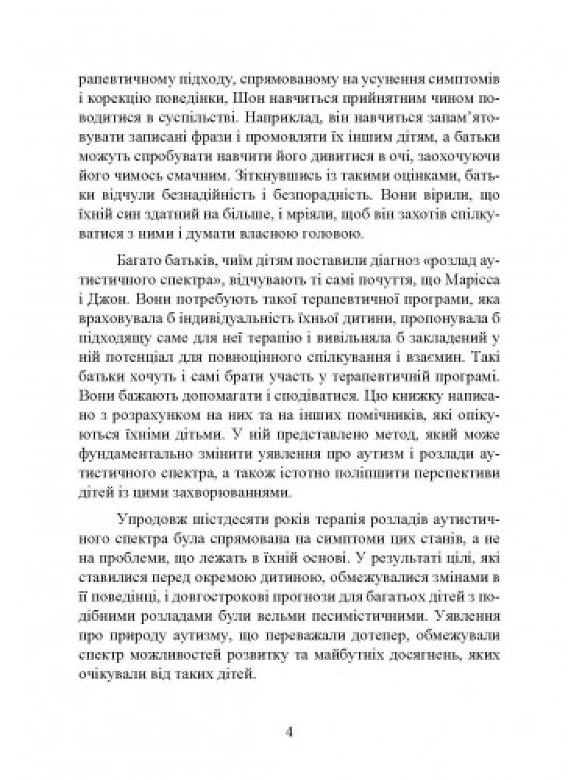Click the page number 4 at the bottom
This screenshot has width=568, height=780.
pyautogui.click(x=289, y=732)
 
